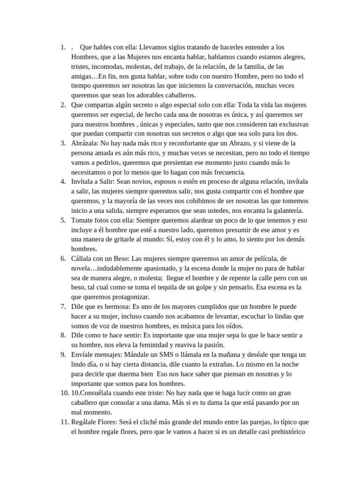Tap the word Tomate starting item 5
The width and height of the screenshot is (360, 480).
point(82,219)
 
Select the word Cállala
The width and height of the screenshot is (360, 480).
point(83,258)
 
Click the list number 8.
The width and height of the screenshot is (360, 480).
point(63,335)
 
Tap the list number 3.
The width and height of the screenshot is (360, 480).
point(63,142)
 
